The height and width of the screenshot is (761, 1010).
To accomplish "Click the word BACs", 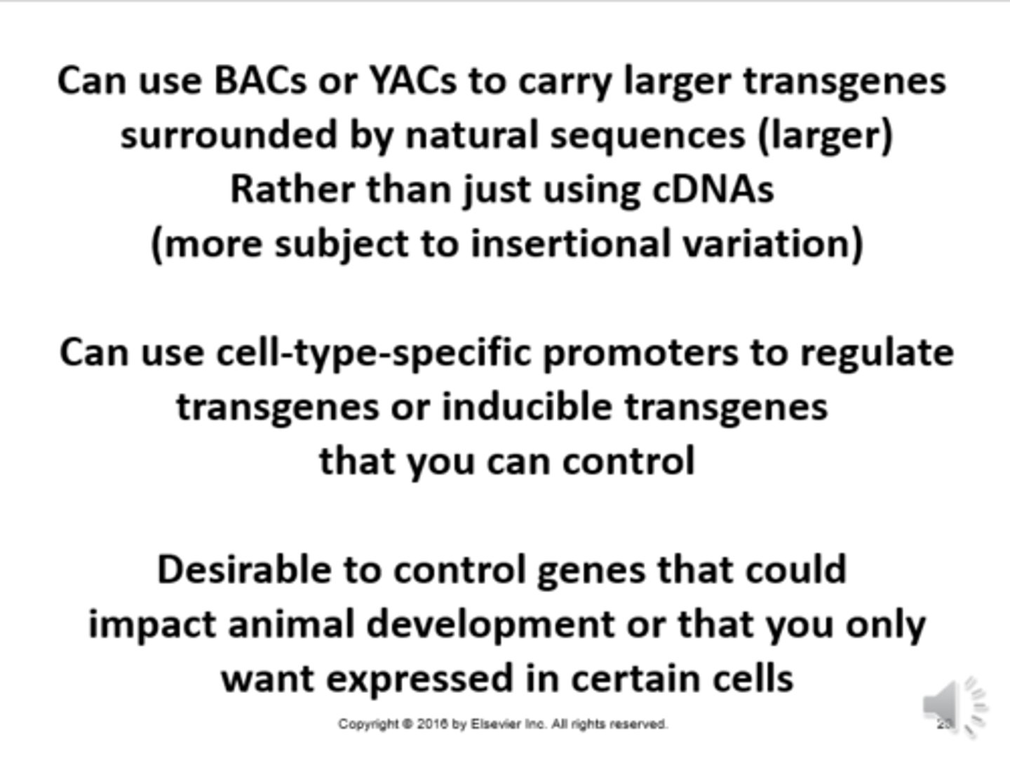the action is tap(260, 81).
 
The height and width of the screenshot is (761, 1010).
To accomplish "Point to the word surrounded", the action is tap(229, 135).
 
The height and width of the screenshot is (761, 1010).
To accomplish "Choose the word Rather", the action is tap(292, 189).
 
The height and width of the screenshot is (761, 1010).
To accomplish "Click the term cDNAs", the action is tap(713, 189).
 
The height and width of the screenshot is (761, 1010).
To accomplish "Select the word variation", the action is tap(766, 243).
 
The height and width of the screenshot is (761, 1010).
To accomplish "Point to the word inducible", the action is tap(527, 407).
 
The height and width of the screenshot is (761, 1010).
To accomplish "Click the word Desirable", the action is tap(244, 570).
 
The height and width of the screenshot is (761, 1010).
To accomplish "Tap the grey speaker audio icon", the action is tap(955, 706).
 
